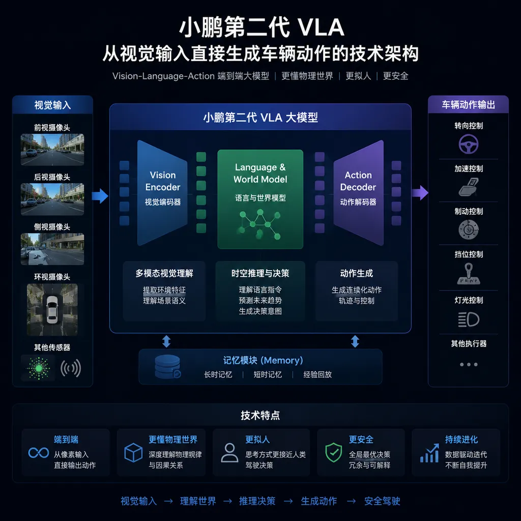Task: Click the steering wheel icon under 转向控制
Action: pyautogui.click(x=469, y=144)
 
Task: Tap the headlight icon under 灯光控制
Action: pyautogui.click(x=469, y=320)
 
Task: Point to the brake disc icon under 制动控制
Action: pyautogui.click(x=469, y=229)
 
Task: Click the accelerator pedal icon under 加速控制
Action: pyautogui.click(x=469, y=187)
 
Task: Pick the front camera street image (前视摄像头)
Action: pyautogui.click(x=52, y=150)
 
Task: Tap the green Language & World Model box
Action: pyautogui.click(x=260, y=199)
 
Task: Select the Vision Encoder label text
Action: pyautogui.click(x=163, y=181)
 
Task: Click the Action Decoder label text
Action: pyautogui.click(x=358, y=181)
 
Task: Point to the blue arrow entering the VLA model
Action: pyautogui.click(x=100, y=196)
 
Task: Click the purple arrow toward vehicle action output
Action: pyautogui.click(x=420, y=193)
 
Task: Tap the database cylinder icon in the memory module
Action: pyautogui.click(x=167, y=367)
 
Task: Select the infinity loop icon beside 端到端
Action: pyautogui.click(x=39, y=452)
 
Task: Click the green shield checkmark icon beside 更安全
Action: pyautogui.click(x=334, y=452)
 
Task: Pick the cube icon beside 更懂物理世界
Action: pyautogui.click(x=133, y=452)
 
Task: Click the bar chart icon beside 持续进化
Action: pyautogui.click(x=429, y=453)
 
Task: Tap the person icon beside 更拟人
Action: pyautogui.click(x=229, y=452)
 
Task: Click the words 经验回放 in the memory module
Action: pyautogui.click(x=317, y=374)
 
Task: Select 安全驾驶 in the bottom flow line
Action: pyautogui.click(x=382, y=501)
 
